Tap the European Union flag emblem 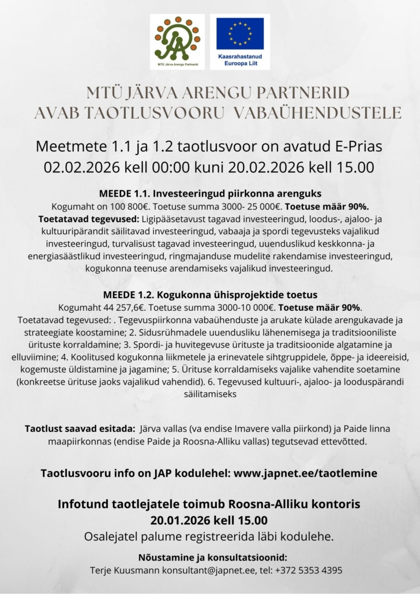(240, 33)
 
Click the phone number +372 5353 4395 (314, 570)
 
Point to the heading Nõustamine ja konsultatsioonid (212, 557)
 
